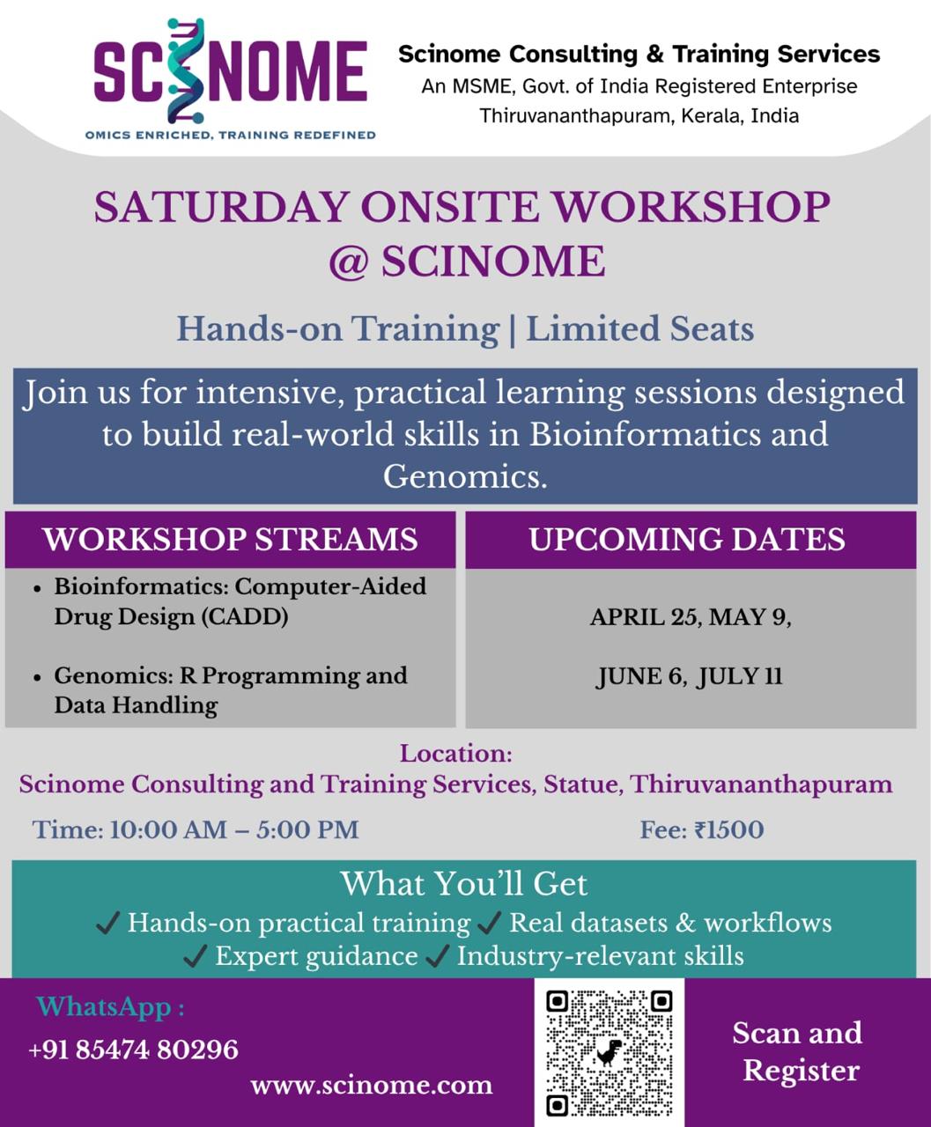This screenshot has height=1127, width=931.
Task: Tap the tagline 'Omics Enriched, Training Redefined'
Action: pyautogui.click(x=231, y=135)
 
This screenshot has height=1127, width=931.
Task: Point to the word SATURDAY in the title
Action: pyautogui.click(x=221, y=207)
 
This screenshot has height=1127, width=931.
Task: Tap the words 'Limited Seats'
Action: pyautogui.click(x=640, y=328)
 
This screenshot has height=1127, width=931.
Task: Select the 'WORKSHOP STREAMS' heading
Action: pyautogui.click(x=231, y=539)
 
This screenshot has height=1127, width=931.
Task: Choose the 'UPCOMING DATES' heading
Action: pyautogui.click(x=687, y=539)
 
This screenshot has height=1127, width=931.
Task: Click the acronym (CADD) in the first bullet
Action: pyautogui.click(x=245, y=616)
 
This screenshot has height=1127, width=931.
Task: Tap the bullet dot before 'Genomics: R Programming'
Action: pyautogui.click(x=37, y=678)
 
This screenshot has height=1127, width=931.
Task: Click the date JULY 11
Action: pyautogui.click(x=739, y=676)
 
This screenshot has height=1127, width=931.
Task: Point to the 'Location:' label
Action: pyautogui.click(x=455, y=754)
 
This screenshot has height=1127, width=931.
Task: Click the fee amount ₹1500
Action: pyautogui.click(x=729, y=830)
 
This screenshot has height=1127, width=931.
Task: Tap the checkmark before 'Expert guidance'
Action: pyautogui.click(x=195, y=957)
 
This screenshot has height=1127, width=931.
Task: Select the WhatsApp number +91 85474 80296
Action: pyautogui.click(x=133, y=1050)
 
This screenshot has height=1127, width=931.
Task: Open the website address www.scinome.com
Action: pyautogui.click(x=372, y=1086)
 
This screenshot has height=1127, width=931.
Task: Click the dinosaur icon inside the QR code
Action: pyautogui.click(x=609, y=1052)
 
